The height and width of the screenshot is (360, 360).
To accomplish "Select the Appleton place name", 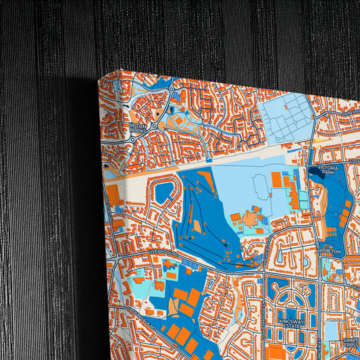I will point(330,251).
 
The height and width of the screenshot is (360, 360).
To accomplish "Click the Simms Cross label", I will point(351,343).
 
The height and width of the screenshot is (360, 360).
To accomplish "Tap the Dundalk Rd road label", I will point(130,314).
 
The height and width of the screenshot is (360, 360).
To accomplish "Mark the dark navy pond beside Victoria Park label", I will point(315,172).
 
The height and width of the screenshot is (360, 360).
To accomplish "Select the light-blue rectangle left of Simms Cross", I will point(331,330).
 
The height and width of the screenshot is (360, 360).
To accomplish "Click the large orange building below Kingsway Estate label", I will point(277,352).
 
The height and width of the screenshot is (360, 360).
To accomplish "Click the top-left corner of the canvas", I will point(99,76).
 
